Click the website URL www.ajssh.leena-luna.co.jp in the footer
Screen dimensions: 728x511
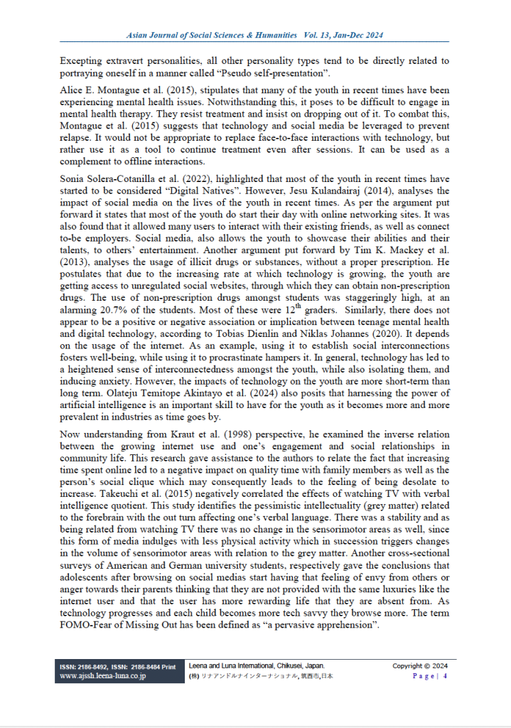click(104, 676)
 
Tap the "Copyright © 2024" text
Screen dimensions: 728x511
click(421, 666)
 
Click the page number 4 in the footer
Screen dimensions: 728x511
click(445, 676)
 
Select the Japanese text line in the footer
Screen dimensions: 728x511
click(261, 676)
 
